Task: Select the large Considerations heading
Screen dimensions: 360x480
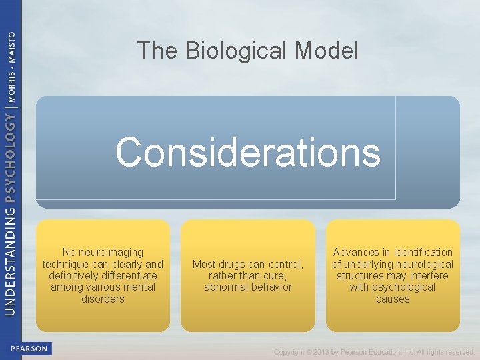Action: pos(247,152)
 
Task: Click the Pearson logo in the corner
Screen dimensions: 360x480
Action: pos(29,349)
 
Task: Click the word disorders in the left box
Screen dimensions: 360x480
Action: pos(103,299)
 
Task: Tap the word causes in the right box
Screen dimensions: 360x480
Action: pos(393,299)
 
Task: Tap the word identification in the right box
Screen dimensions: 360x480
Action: pos(421,252)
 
